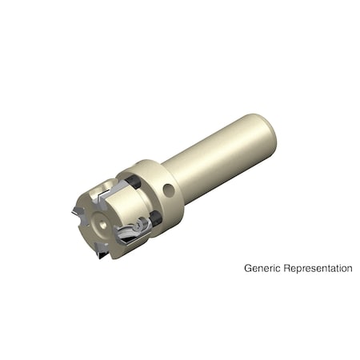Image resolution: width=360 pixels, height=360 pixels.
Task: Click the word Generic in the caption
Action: click(x=261, y=269)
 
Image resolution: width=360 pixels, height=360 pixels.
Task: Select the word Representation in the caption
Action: click(x=317, y=269)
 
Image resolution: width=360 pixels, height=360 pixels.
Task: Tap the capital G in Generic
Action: click(x=248, y=268)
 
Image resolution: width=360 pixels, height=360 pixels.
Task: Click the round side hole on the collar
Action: click(x=169, y=190)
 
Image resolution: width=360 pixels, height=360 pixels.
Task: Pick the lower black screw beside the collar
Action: click(x=155, y=218)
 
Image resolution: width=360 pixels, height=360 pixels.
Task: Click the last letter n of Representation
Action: click(x=349, y=269)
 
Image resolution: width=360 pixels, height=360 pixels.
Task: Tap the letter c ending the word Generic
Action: click(x=278, y=269)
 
